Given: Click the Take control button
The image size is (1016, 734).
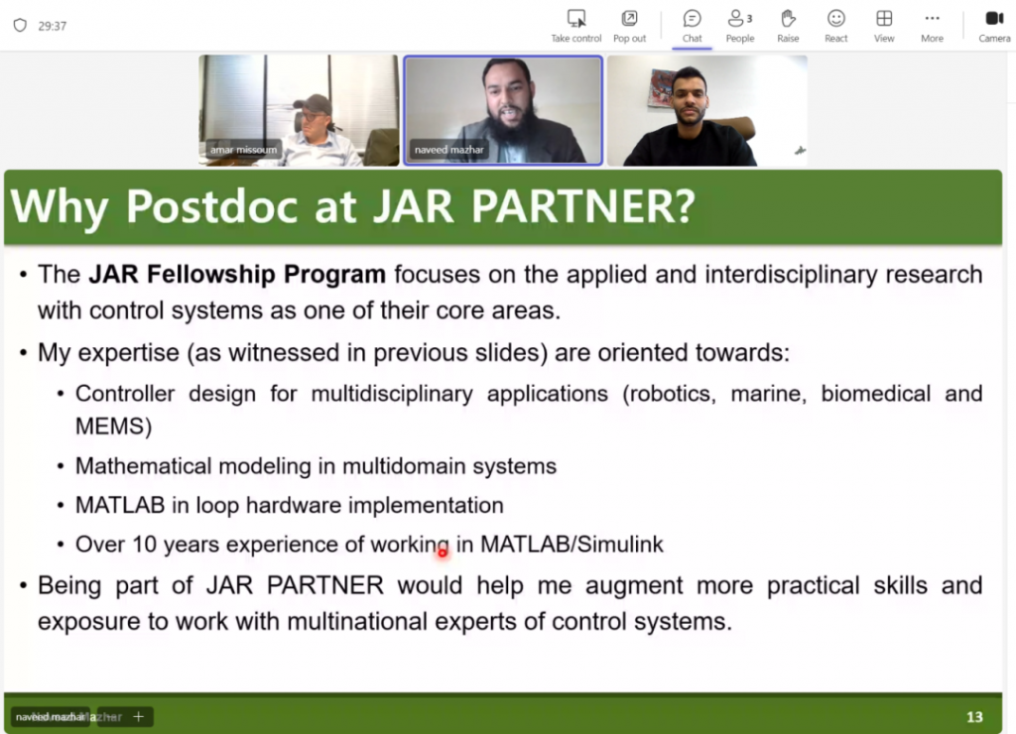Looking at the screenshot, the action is pos(576,27).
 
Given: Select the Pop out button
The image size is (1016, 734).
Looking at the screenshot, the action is pos(629,27).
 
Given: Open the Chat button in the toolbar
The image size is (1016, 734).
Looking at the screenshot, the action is pos(692,27).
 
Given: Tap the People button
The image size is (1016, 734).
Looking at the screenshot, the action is pos(740,27).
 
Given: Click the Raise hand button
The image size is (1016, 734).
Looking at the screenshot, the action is pos(788,27).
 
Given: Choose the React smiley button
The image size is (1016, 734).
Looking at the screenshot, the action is pos(835,27).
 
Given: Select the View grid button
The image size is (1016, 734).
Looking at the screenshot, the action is pos(884,27).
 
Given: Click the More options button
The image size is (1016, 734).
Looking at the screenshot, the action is pos(932,27).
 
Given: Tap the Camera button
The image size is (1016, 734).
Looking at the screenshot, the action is pos(994,27).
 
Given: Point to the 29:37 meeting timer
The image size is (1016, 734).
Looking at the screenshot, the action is pos(52,26).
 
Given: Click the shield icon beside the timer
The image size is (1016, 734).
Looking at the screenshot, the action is pos(20,25).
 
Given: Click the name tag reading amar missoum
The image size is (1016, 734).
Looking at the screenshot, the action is pos(243,150).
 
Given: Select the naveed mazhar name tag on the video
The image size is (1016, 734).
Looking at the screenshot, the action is pos(449,150).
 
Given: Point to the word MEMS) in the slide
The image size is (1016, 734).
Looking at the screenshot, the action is pos(113,427).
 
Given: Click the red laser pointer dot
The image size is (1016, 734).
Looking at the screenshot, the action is pos(443,552).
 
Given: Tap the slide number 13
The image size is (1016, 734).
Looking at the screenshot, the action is pos(974,716).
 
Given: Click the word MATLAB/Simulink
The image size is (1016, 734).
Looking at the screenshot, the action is pos(571,545).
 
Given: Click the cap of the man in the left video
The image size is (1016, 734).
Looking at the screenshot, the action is pos(313,103).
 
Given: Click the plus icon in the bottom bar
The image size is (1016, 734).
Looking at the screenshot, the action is pos(138,716).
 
